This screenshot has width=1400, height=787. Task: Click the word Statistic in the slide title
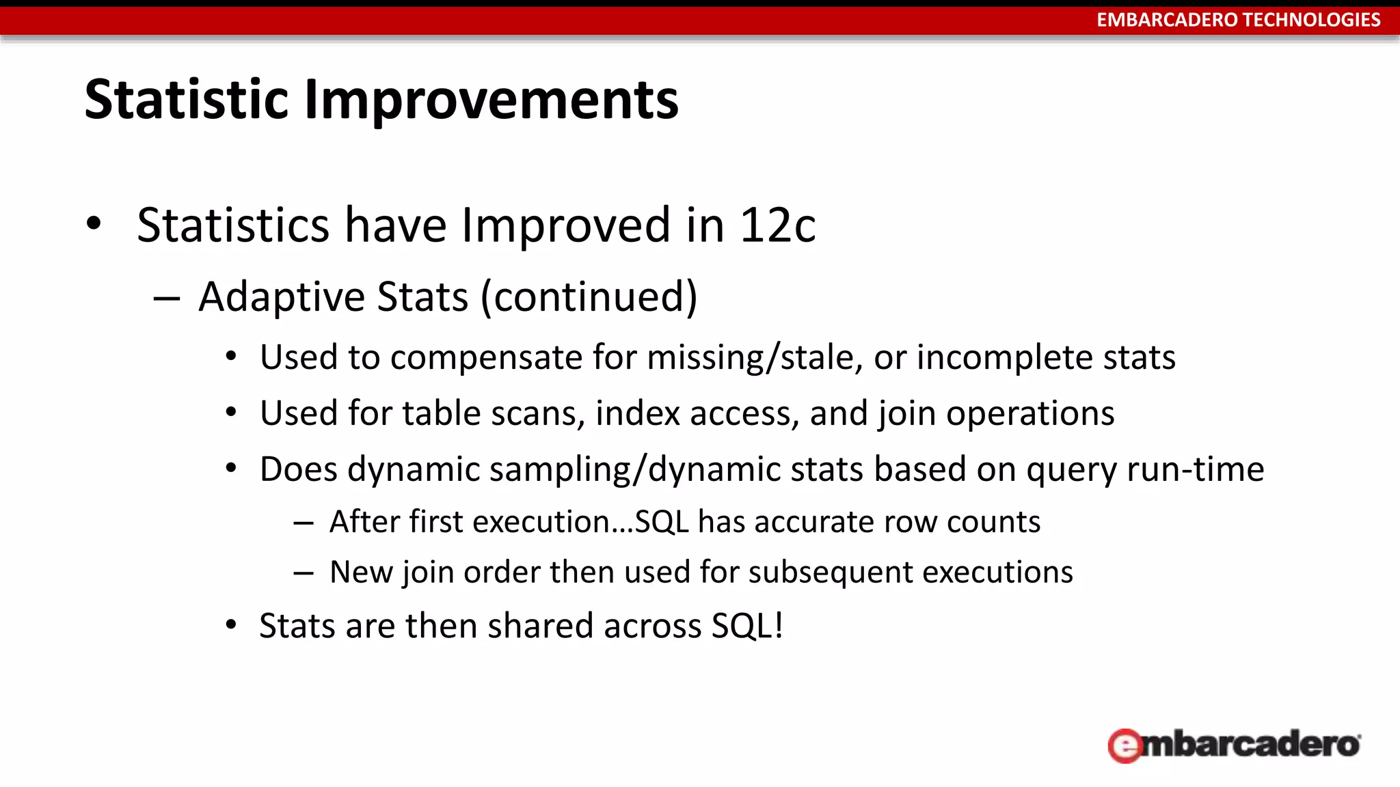tap(186, 100)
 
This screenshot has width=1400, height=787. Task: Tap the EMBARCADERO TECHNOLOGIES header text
tap(1238, 20)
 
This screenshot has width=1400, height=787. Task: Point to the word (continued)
tap(589, 296)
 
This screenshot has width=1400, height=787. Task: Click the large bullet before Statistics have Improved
tap(94, 223)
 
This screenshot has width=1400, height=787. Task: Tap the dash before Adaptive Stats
tap(167, 299)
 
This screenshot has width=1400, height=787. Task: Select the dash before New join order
tap(304, 573)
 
